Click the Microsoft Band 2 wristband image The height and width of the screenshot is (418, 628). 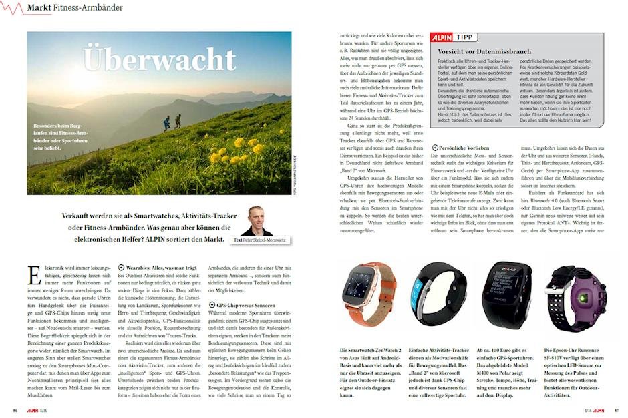[436, 297]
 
